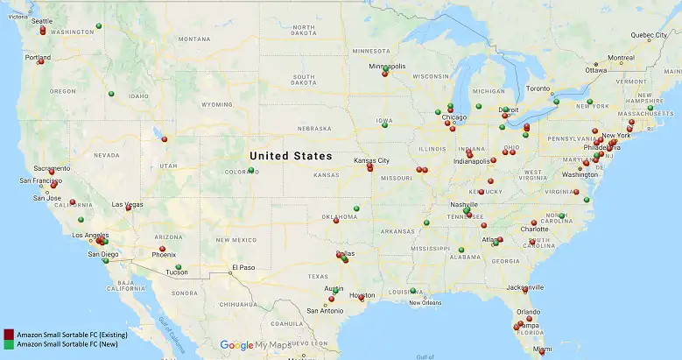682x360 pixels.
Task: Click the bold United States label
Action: point(291,156)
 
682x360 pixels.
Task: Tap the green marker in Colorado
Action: point(251,169)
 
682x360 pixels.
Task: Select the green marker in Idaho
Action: point(111,94)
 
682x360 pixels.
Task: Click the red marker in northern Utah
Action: point(164,139)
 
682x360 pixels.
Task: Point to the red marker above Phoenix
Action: point(162,249)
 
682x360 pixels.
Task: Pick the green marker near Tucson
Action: point(178,266)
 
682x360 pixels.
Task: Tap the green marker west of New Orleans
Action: point(412,290)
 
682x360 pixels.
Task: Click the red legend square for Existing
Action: point(8,335)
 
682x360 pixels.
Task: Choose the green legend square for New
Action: point(8,345)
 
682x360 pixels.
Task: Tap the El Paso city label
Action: point(242,267)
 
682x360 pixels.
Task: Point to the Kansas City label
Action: point(371,161)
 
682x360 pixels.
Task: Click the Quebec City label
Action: point(649,35)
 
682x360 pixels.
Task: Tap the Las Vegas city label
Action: point(127,204)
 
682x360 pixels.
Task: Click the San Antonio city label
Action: point(324,310)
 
